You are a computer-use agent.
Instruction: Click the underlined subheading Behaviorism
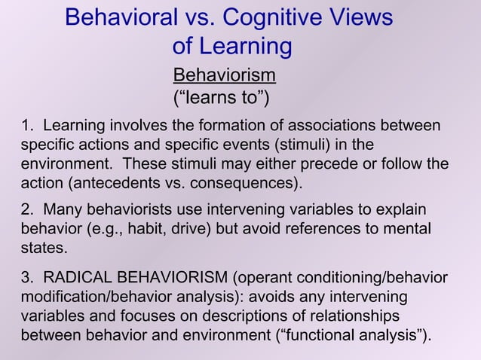[224, 75]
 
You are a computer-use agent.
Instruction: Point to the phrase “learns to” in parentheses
[222, 98]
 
